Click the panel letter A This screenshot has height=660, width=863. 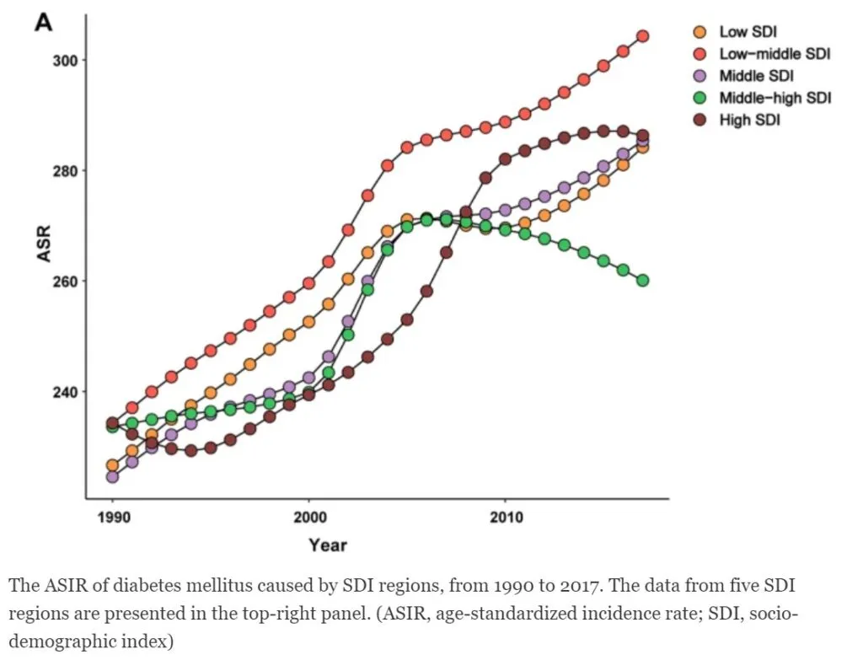tap(43, 23)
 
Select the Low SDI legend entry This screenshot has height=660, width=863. tap(748, 32)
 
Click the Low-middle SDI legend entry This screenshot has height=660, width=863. tap(775, 54)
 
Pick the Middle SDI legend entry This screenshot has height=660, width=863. tap(756, 76)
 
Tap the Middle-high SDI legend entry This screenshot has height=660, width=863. tap(775, 98)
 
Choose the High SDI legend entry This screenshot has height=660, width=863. tap(749, 120)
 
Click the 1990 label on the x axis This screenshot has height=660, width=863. tap(113, 517)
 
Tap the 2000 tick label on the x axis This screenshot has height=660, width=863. tap(309, 517)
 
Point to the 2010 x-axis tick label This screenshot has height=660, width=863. tap(505, 517)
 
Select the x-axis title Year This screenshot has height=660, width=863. tap(327, 545)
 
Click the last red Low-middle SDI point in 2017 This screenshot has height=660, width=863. tap(642, 36)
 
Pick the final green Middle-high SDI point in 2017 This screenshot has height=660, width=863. tap(642, 281)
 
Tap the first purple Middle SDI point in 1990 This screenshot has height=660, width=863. tap(113, 477)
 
